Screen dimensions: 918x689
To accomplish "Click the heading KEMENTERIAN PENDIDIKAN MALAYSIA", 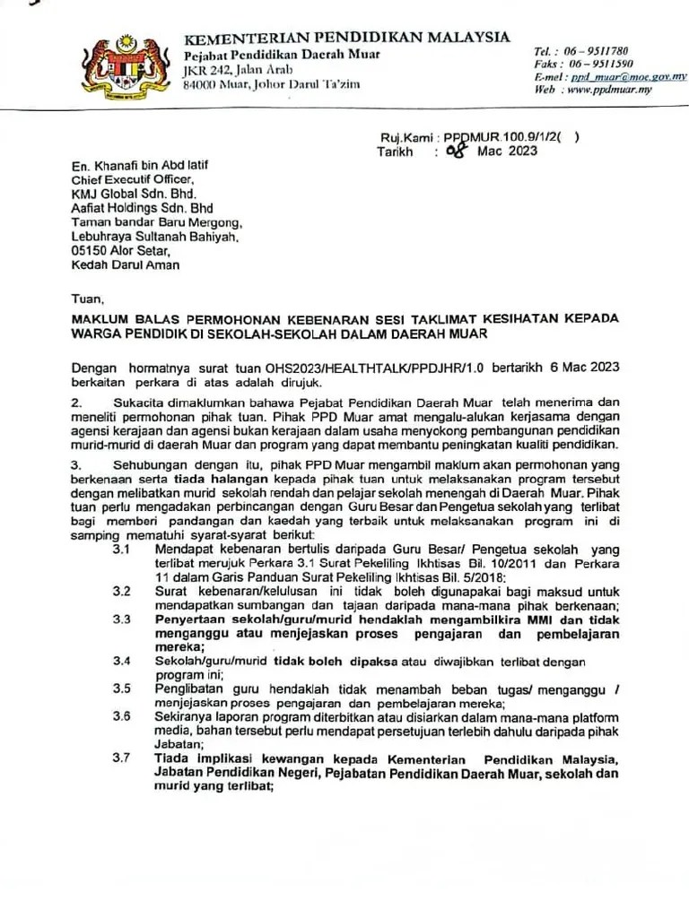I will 346,38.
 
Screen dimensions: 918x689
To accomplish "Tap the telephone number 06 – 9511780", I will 594,51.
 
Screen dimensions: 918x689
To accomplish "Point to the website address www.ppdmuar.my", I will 610,90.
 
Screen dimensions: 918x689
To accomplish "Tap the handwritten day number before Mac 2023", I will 456,151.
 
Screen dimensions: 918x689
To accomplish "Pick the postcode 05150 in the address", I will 90,251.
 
